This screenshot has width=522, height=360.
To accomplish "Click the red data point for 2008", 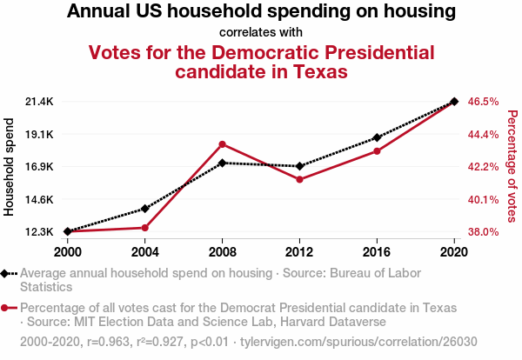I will [x=223, y=144].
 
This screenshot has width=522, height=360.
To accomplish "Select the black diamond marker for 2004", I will [x=145, y=209].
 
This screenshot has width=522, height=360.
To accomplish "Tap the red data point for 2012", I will [x=299, y=180].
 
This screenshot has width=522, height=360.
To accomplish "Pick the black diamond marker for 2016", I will [x=377, y=137].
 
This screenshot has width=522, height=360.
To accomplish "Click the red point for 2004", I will [x=145, y=228].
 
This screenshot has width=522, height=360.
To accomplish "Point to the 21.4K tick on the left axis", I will [x=40, y=102].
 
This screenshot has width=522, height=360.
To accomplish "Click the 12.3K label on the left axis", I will [x=40, y=232].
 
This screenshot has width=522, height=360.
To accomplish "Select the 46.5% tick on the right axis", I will [x=483, y=102].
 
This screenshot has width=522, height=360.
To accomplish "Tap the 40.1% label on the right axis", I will [x=483, y=199].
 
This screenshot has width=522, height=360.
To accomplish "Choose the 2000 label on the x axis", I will [x=68, y=251].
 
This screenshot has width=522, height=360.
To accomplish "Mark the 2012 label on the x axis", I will [x=299, y=251].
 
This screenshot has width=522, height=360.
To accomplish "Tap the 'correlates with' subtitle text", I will [x=260, y=33].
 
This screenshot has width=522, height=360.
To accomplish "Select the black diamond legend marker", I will [x=6, y=273].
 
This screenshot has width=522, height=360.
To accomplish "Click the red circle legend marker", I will [x=6, y=308].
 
